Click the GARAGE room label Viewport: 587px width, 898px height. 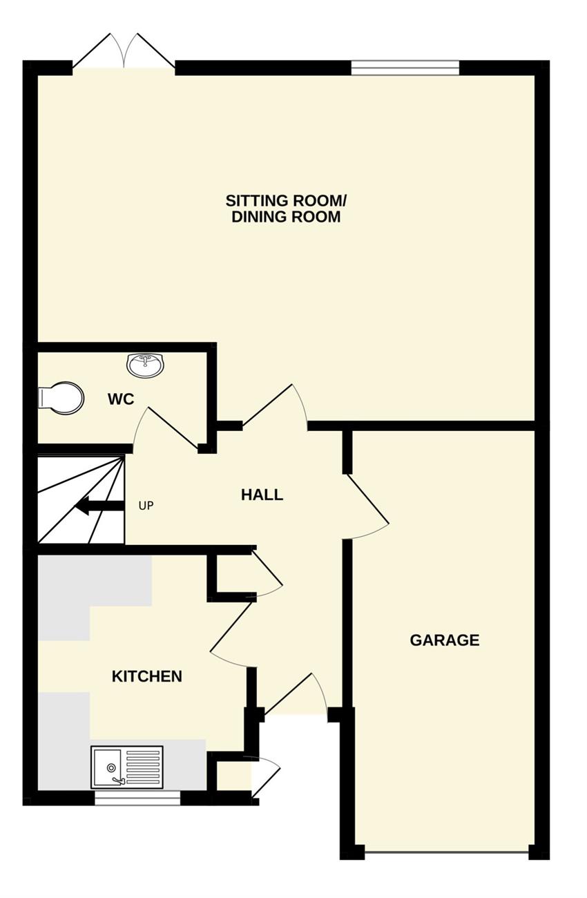point(444,640)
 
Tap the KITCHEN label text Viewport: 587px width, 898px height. point(146,676)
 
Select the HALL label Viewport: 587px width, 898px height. point(262,495)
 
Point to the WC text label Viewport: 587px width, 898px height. point(121,399)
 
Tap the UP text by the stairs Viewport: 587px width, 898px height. point(146,506)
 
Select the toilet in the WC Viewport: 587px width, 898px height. point(61,398)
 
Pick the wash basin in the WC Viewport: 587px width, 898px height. point(146,365)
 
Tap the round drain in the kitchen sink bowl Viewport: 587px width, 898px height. point(111,767)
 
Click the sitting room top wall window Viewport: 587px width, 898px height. point(405,68)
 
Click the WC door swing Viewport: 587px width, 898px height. point(167,428)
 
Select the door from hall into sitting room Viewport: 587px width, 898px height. point(276,405)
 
